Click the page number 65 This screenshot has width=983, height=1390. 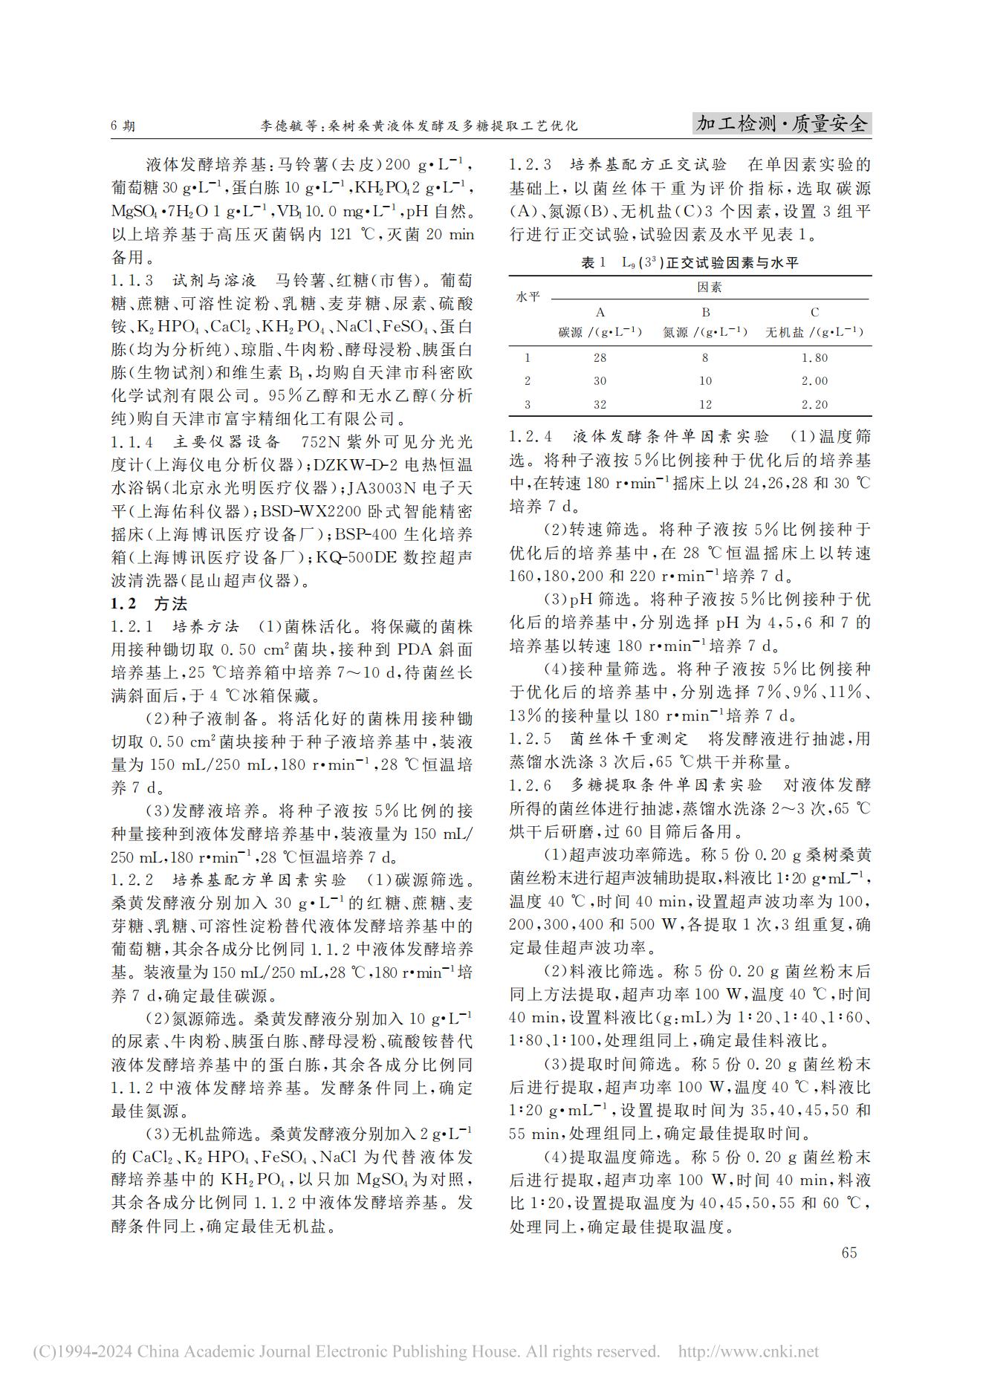849,1253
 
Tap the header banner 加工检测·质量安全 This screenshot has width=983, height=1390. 782,124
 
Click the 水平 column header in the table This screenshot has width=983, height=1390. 528,298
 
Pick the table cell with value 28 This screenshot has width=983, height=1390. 600,358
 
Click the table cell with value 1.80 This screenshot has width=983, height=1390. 814,358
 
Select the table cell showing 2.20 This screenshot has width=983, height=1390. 814,405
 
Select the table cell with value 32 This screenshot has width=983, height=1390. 600,405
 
